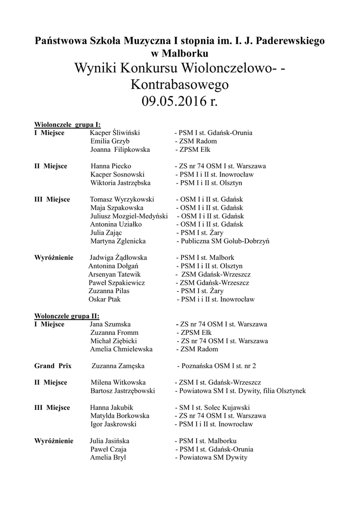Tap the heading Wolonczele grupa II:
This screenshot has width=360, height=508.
[67, 316]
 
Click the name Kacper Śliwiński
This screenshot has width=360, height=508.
[115, 133]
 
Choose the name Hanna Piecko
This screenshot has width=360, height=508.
[111, 166]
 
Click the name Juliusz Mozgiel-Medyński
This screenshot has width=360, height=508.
[129, 216]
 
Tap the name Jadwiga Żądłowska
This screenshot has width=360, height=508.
[118, 258]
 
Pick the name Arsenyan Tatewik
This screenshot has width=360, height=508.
[114, 274]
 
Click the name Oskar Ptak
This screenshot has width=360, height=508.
[104, 299]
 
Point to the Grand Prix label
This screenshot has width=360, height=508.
[53, 366]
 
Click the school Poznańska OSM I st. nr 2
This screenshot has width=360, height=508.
[218, 366]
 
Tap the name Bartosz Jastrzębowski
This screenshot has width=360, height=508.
[123, 391]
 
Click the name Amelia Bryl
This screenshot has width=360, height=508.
[108, 457]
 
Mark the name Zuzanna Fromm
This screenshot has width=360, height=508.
[114, 332]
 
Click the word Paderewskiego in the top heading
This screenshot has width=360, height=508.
[292, 41]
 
